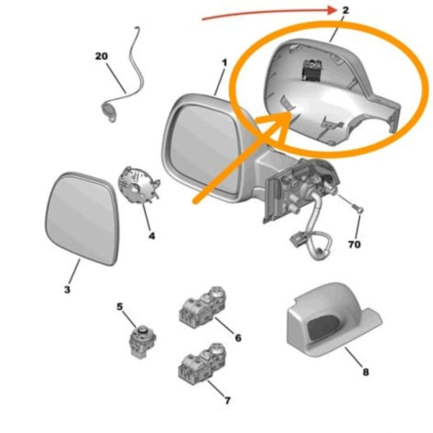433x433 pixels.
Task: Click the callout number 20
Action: tap(102, 56)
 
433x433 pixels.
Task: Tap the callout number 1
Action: tap(224, 63)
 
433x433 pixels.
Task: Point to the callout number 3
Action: tap(67, 289)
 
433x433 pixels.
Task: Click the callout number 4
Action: tap(152, 236)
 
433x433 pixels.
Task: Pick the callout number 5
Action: tap(120, 307)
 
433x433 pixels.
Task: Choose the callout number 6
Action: tap(238, 337)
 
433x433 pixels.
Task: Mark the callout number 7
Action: tap(227, 401)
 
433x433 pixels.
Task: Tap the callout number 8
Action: tap(365, 372)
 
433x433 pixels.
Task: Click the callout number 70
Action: tap(354, 245)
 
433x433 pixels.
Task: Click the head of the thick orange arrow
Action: tap(288, 113)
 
